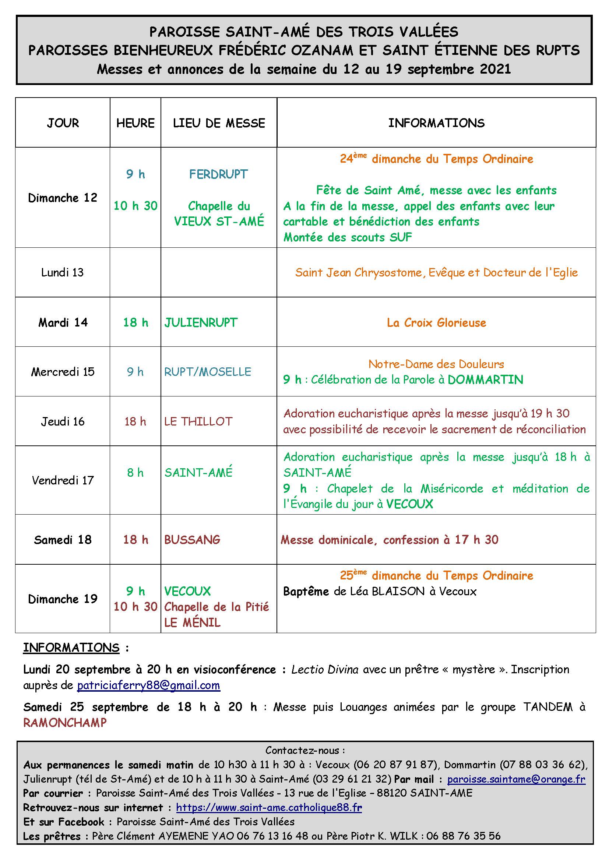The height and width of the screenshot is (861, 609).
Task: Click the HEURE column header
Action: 135,123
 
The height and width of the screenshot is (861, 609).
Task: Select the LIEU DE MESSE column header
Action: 219,123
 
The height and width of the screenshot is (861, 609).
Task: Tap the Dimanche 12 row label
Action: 62,198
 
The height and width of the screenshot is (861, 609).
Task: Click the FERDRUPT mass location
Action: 218,174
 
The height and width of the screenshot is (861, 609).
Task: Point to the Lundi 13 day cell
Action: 62,272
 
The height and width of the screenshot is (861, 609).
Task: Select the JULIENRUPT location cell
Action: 201,322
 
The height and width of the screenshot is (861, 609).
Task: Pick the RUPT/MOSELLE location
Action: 207,372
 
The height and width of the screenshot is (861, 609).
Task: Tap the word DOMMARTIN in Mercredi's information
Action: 485,380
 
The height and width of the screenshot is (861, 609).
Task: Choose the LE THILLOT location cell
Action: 198,421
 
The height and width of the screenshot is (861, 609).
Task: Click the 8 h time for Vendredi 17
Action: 135,473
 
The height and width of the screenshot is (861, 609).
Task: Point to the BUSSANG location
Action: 192,540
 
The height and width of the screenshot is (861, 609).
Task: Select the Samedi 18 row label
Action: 62,540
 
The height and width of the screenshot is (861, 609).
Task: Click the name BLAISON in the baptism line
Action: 398,592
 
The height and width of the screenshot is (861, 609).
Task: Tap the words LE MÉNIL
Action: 192,622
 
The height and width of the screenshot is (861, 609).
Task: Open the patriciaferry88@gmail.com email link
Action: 148,685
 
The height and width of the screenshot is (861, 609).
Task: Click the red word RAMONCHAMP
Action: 65,722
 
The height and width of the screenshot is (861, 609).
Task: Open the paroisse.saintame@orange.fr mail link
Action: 516,779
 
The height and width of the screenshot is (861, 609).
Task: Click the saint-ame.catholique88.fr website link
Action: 269,807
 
